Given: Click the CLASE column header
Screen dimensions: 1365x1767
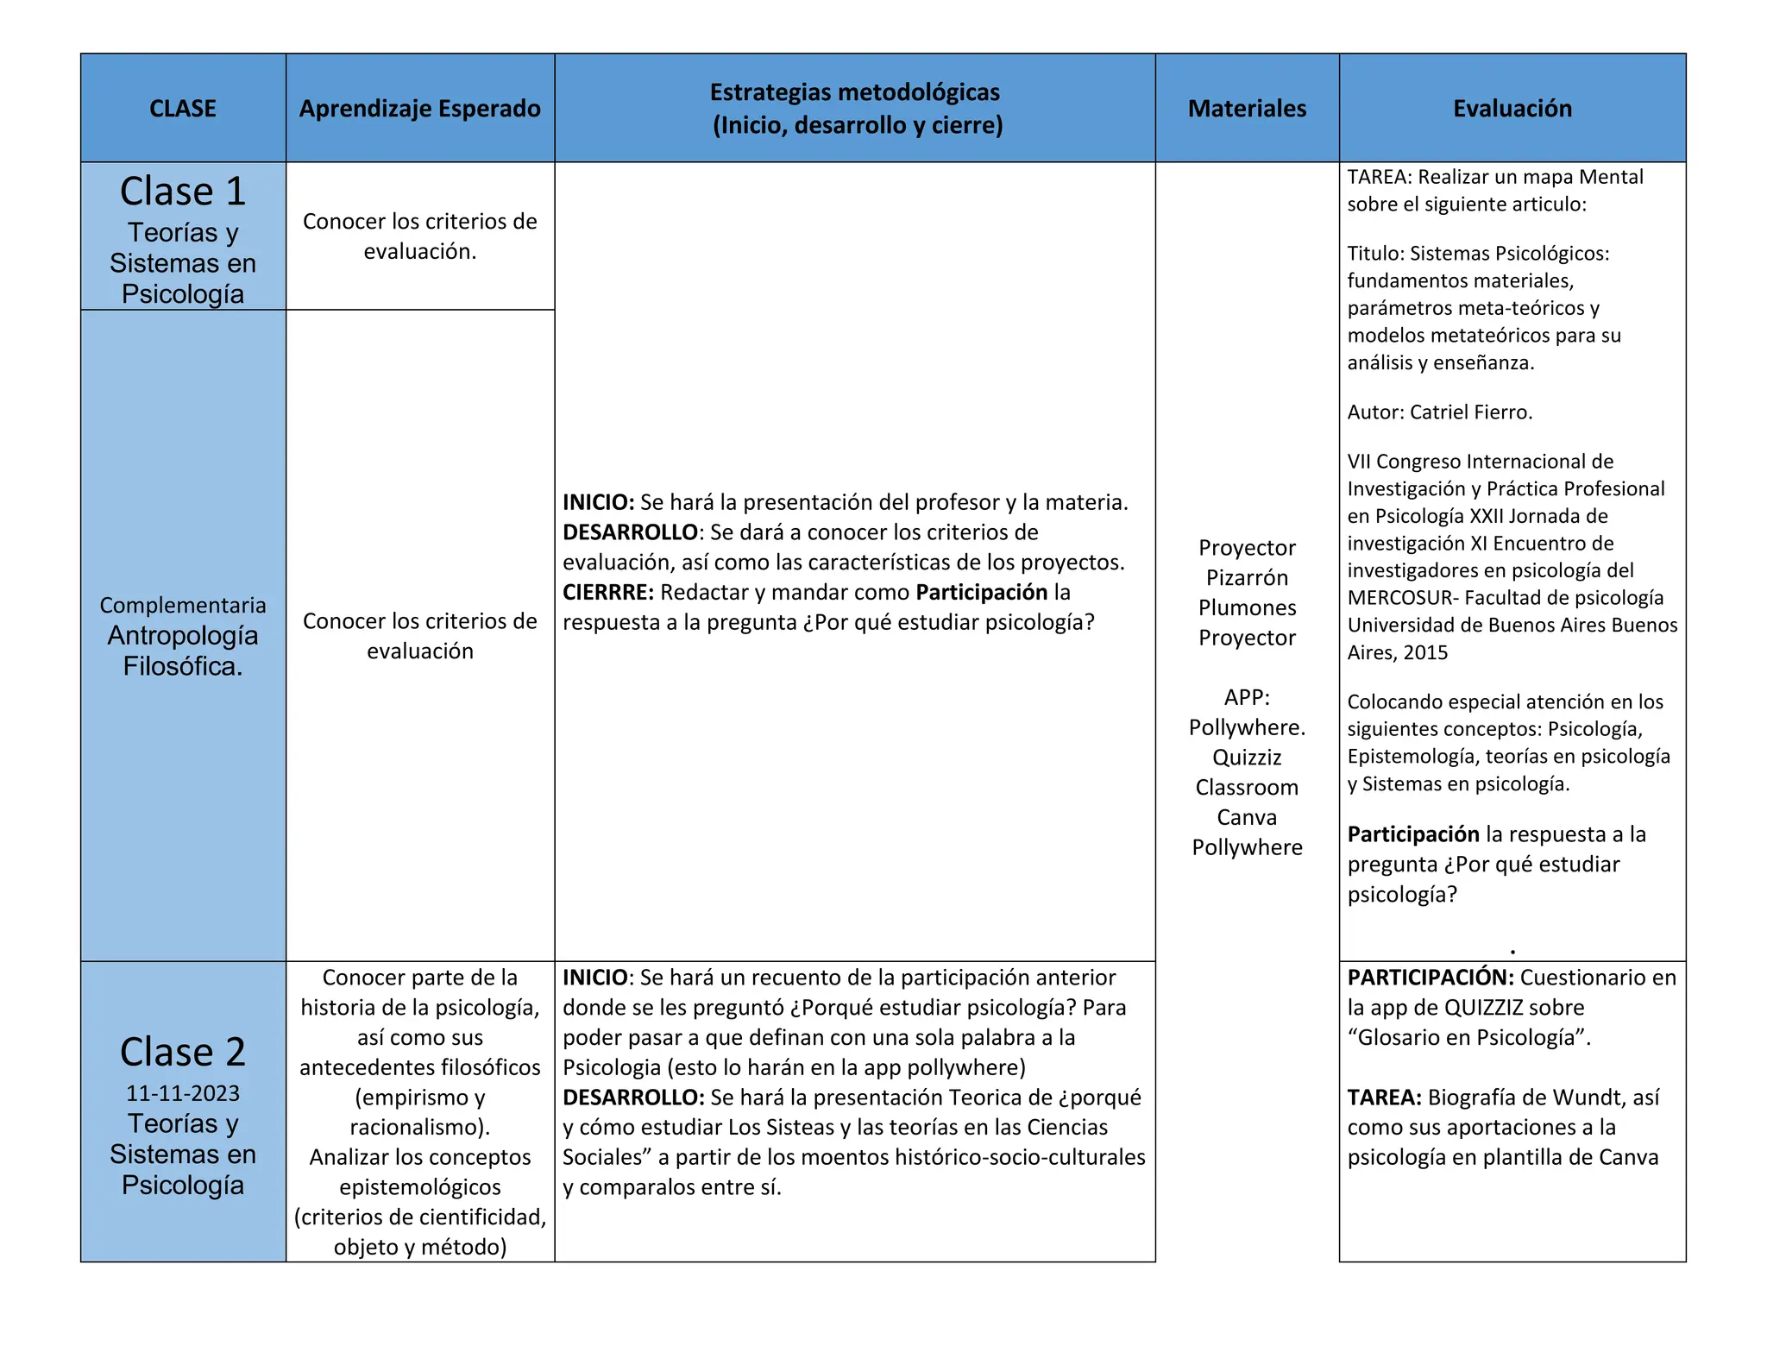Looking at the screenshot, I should click(182, 109).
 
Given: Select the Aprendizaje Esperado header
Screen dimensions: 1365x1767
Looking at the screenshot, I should click(419, 109).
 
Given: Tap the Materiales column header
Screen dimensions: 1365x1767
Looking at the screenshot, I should click(1247, 109).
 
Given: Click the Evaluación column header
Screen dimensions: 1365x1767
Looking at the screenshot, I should click(1512, 109).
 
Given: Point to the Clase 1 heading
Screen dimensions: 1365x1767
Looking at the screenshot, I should click(183, 192).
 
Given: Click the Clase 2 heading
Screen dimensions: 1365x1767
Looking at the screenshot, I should click(183, 1053).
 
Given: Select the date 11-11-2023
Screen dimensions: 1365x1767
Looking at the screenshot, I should click(183, 1093).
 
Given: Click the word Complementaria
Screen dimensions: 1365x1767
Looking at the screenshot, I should click(183, 605).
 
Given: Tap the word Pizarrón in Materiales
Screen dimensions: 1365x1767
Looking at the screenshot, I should click(1247, 578).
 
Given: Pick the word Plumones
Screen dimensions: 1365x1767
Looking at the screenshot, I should click(1247, 608).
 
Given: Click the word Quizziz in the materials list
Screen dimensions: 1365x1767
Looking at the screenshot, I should click(1247, 758).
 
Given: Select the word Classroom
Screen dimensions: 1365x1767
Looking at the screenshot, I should click(1247, 788).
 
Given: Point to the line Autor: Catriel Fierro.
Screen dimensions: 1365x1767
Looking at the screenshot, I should click(1439, 412).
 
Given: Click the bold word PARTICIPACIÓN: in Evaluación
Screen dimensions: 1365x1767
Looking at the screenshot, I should click(1431, 978).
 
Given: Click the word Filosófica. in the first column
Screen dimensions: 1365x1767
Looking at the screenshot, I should click(183, 666).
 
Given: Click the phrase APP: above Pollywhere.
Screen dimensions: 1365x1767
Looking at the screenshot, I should click(1247, 697).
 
